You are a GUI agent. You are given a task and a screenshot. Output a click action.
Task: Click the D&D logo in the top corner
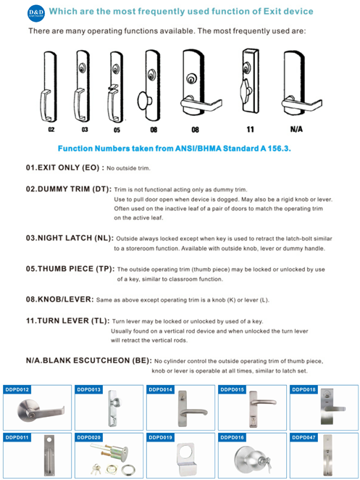click(36, 13)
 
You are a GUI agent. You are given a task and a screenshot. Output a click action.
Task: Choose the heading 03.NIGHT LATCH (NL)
click(69, 237)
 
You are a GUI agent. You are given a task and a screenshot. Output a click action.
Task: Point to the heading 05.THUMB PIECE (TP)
click(70, 268)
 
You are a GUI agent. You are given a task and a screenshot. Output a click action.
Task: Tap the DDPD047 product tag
click(304, 438)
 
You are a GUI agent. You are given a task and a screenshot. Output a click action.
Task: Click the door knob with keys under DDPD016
click(252, 458)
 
